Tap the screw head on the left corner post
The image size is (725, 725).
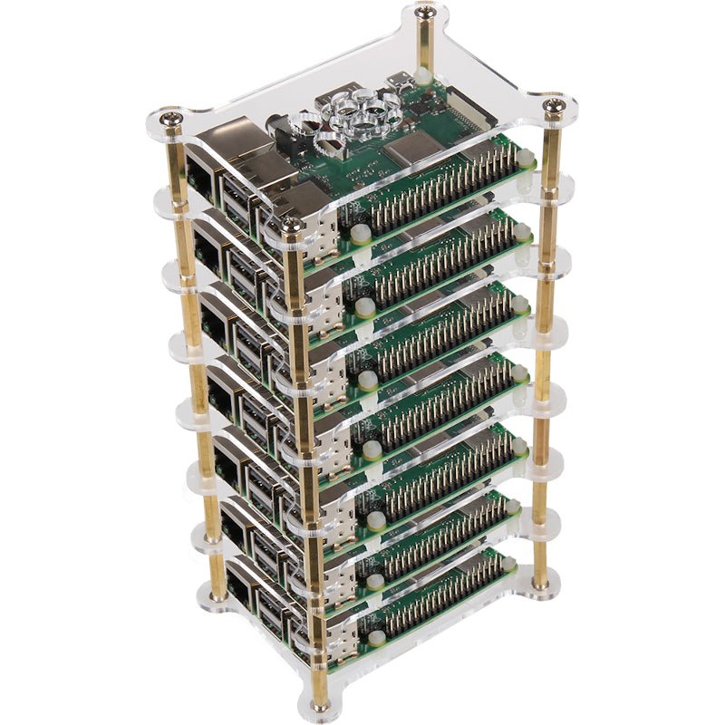tap(169, 117)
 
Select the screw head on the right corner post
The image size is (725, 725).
tap(554, 107)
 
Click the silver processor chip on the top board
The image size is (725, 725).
tap(411, 149)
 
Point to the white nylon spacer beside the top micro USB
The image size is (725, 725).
tap(422, 79)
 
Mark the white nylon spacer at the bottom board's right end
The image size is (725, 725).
tap(508, 564)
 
